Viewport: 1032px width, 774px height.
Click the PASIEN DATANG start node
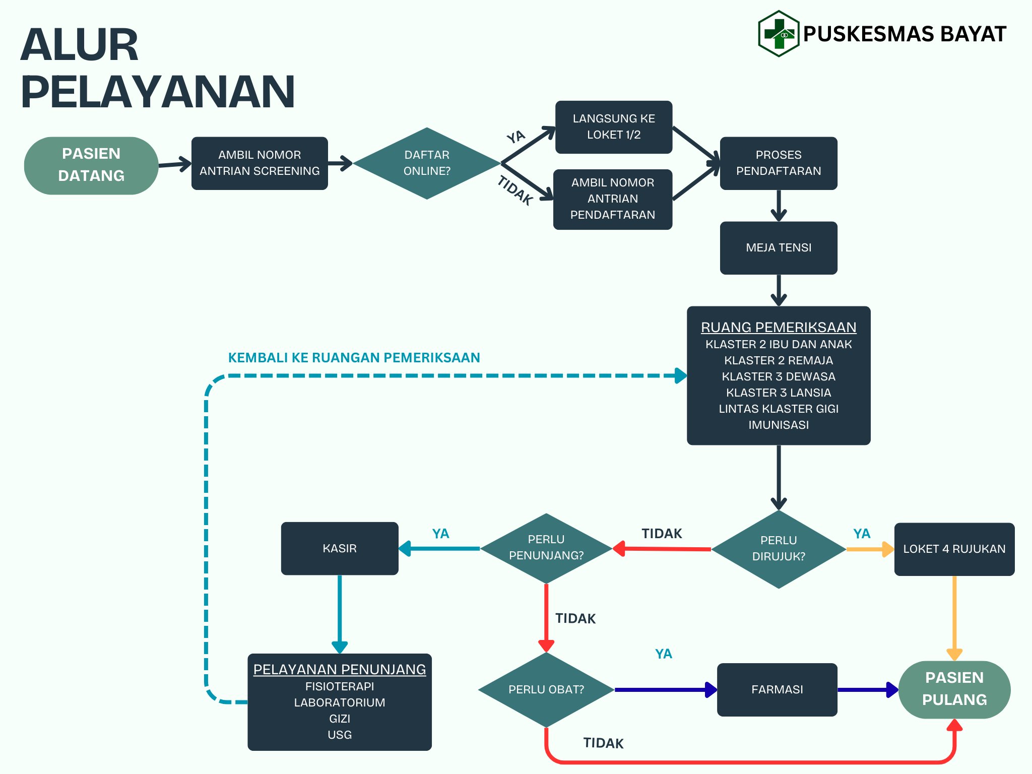[x=91, y=165]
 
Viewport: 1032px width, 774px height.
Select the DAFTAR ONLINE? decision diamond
[x=426, y=163]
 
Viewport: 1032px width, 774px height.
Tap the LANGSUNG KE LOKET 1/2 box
[x=613, y=127]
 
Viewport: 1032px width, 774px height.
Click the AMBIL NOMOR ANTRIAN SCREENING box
[x=260, y=163]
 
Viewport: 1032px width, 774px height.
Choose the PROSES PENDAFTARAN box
[x=778, y=163]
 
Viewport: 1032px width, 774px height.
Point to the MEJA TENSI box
[x=778, y=247]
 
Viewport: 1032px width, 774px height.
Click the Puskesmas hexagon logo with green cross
[x=779, y=34]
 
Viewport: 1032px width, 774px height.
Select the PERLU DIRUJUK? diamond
[x=778, y=549]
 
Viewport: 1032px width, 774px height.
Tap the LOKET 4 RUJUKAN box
[x=954, y=549]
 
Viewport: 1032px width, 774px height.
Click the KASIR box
[x=339, y=548]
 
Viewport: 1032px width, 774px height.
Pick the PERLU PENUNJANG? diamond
[x=546, y=548]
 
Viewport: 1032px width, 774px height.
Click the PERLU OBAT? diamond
[x=546, y=689]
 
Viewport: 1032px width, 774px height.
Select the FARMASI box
[x=777, y=689]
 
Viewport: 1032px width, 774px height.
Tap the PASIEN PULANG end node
[x=954, y=689]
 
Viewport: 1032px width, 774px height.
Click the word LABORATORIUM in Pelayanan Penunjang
[x=339, y=702]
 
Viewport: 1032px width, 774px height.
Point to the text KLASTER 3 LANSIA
[x=778, y=393]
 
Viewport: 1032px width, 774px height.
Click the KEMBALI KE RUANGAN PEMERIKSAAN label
[x=354, y=358]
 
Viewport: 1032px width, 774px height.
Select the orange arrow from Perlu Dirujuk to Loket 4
[x=869, y=549]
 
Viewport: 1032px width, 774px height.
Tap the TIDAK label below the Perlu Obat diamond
[x=603, y=743]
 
